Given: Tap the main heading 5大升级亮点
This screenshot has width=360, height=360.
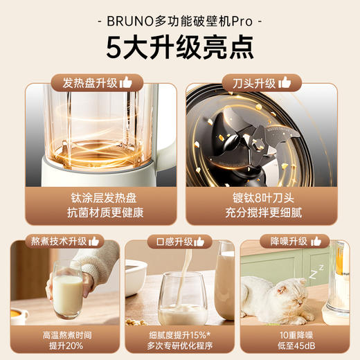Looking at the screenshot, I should pos(179,47).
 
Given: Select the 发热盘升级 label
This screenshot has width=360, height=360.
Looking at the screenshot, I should pos(90,83).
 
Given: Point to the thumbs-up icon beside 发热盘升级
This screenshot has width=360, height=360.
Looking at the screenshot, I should pos(125,82).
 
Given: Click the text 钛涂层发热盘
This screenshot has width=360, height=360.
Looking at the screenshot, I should pos(96,197).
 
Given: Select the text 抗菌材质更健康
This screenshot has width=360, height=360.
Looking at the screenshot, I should pos(96,213).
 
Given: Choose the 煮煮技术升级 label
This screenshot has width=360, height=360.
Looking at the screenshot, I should pos(58,242).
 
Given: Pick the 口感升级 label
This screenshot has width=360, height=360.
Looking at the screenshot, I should pos(174,242).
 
